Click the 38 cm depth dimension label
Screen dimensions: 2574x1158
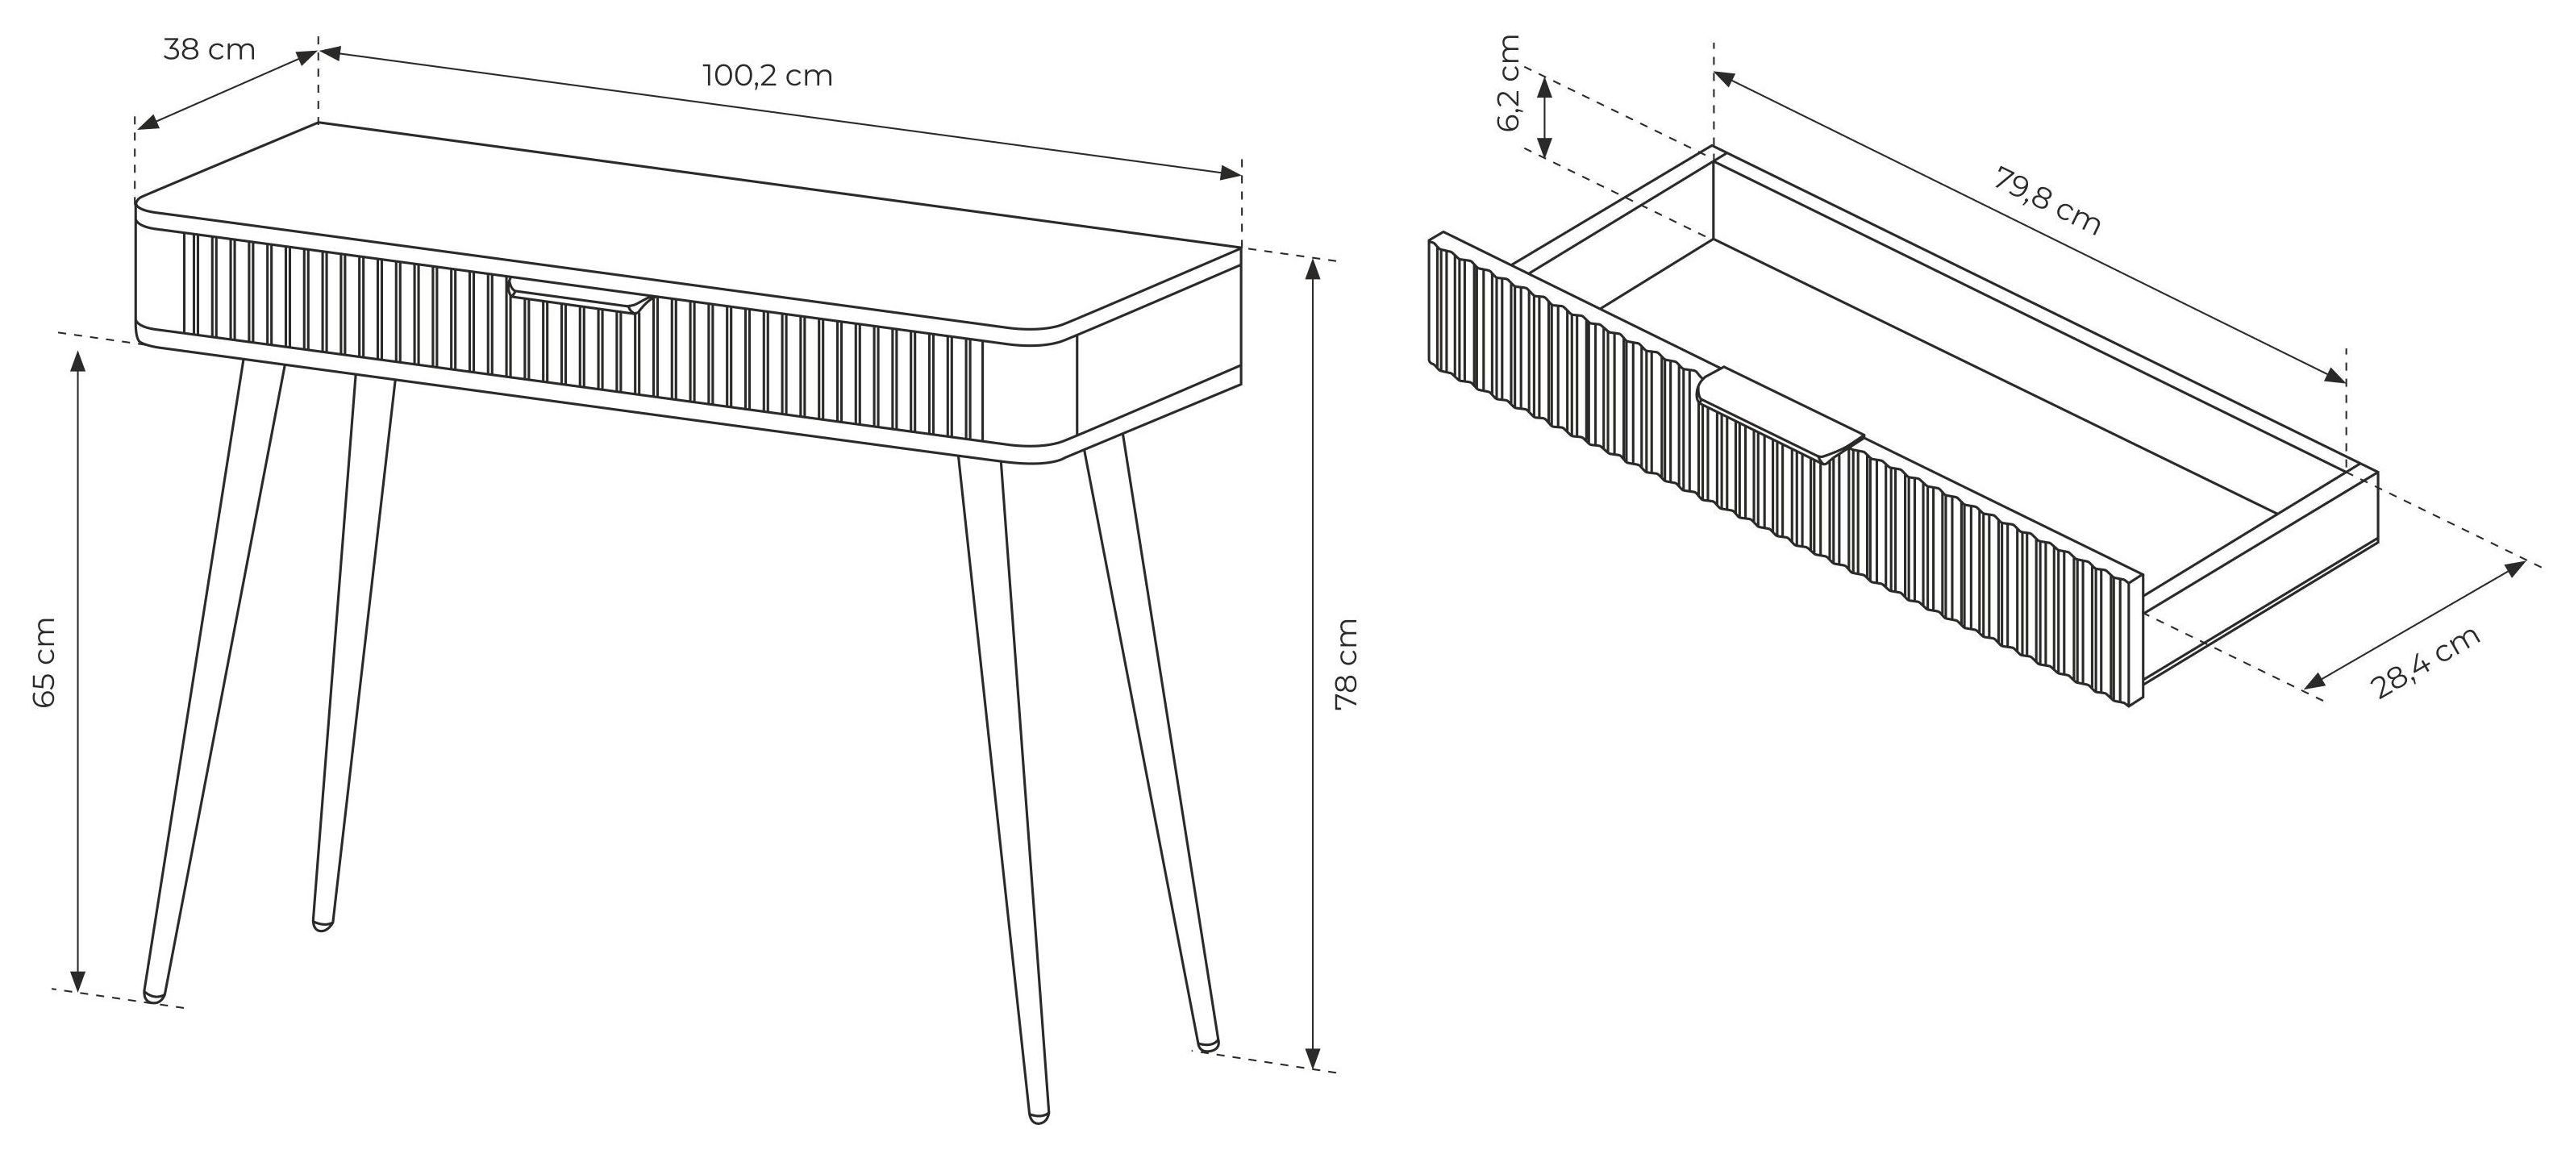coord(210,49)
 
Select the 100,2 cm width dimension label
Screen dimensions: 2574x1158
coord(768,75)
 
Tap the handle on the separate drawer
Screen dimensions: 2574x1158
coord(1780,414)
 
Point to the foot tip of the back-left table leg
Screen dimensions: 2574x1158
coord(322,924)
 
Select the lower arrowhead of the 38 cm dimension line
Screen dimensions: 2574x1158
coord(147,122)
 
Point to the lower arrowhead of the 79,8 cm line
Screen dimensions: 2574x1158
coord(2335,377)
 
